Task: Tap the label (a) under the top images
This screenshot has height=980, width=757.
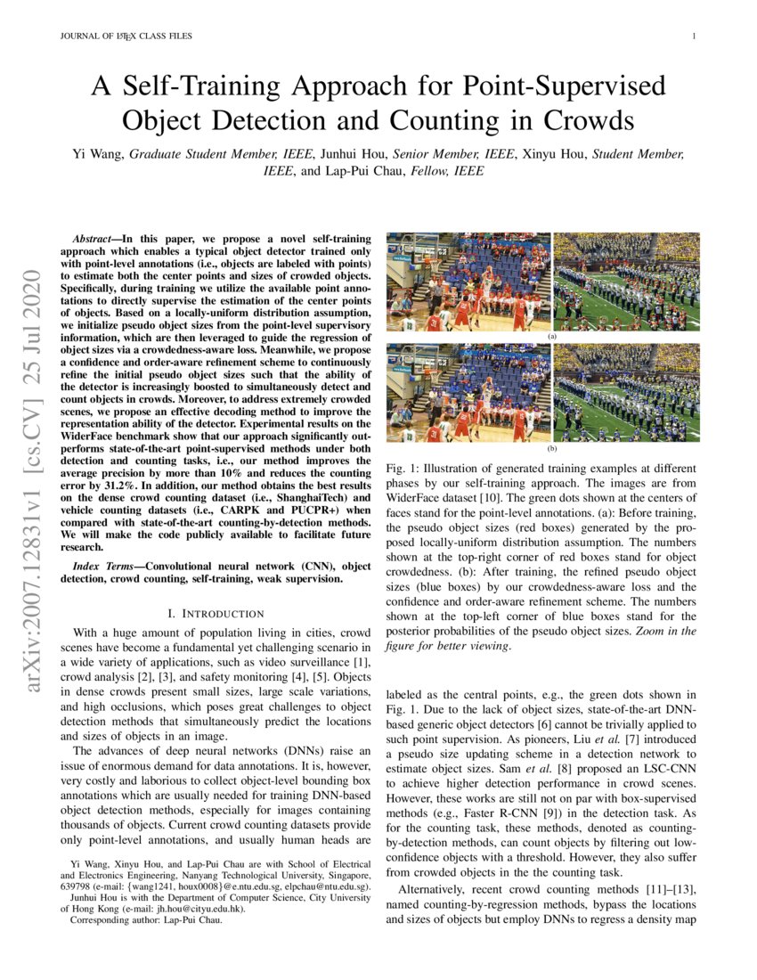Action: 551,338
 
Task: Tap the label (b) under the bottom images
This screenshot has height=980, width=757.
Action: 551,449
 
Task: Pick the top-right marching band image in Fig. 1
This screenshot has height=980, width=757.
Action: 626,282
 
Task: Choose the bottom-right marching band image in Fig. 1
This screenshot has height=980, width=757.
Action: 626,393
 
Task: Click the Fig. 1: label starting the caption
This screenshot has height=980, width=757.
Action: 405,469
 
